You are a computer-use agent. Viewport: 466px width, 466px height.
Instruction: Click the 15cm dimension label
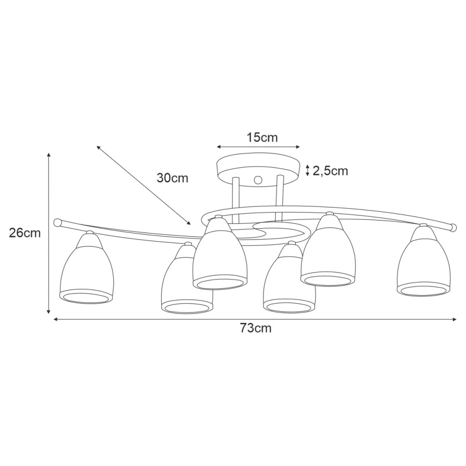click(262, 137)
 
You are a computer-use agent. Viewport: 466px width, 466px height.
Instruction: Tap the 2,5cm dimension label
click(330, 171)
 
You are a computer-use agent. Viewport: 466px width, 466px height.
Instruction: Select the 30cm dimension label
click(172, 178)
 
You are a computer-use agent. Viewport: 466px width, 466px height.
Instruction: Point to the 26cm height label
click(25, 233)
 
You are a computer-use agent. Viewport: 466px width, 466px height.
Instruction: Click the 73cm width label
click(256, 328)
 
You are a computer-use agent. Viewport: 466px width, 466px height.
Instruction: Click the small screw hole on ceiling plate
click(257, 180)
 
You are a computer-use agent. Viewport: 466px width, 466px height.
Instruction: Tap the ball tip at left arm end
click(57, 223)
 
